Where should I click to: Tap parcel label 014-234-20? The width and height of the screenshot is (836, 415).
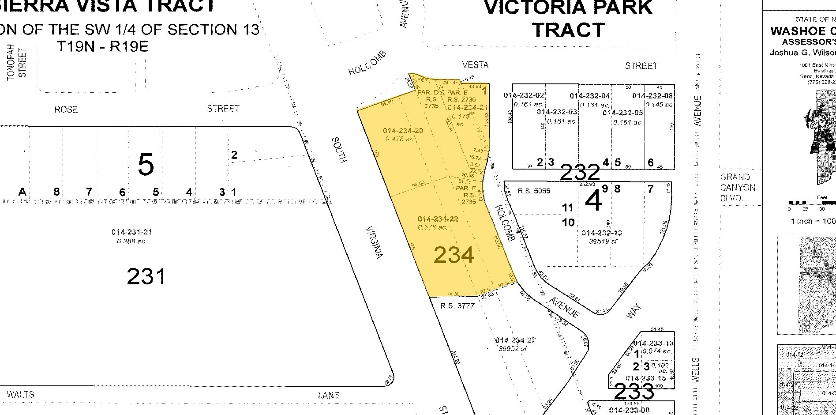coord(403,131)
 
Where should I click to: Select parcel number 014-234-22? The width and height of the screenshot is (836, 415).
coord(438,219)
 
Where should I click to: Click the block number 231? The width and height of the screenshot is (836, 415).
coord(146,277)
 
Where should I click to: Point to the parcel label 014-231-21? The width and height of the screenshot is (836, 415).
coord(131,232)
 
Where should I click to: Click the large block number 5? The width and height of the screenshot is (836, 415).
coord(146,165)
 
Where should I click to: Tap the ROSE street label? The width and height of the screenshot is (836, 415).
coord(66,109)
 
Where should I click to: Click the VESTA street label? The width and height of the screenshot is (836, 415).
coord(475,65)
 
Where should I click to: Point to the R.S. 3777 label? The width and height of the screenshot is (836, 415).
coord(457,306)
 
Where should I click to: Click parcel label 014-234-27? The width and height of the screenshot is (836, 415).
coord(515,340)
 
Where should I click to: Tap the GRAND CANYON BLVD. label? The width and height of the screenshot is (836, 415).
coord(737,188)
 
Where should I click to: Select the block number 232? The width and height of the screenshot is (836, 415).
coord(580,173)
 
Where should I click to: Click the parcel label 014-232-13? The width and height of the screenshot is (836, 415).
coord(602,233)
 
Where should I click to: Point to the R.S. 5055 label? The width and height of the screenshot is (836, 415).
coord(534,191)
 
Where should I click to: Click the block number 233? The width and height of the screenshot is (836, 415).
coord(634,391)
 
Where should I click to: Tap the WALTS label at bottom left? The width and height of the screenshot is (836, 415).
coord(20,394)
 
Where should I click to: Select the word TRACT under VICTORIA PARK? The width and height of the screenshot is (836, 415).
coord(568,30)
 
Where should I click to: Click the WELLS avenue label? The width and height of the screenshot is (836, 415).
coord(697,370)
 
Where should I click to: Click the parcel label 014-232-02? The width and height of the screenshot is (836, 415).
coord(524,95)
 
